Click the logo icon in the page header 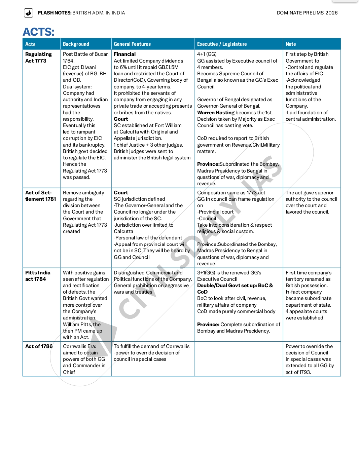point(29,13)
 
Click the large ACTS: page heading point(38,32)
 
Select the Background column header point(76,44)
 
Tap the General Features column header point(132,44)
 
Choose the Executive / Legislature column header point(222,44)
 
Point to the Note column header point(291,44)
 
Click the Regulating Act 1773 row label point(38,58)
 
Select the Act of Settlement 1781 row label point(40,196)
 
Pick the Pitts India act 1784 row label point(38,276)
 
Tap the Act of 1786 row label point(39,346)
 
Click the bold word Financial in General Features point(124,54)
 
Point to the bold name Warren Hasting point(216,113)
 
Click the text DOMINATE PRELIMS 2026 point(307,13)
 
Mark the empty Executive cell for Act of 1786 point(239,359)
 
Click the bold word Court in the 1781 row point(121,193)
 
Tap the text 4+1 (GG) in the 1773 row point(207,54)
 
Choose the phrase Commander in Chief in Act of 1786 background point(84,369)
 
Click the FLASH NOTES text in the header point(55,13)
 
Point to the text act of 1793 point(298,372)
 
